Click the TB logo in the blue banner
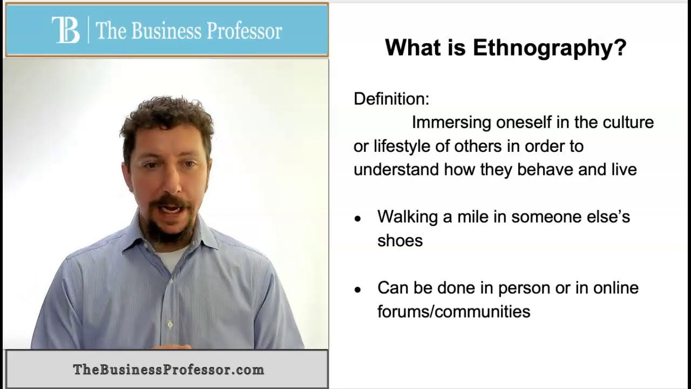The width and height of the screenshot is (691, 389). point(66,30)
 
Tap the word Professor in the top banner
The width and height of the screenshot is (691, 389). point(245,31)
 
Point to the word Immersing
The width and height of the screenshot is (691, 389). point(451,123)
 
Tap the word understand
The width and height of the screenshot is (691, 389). point(396,170)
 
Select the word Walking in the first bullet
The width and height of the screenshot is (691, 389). point(408,217)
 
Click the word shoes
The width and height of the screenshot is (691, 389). point(400,240)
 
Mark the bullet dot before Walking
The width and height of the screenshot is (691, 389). point(357,219)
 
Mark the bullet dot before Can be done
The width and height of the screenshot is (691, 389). point(357,290)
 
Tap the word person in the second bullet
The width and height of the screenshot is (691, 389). point(524,289)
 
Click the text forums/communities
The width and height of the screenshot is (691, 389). point(454,311)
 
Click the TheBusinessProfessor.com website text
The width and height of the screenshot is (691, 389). point(168,370)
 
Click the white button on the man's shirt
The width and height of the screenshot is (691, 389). point(170,325)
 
